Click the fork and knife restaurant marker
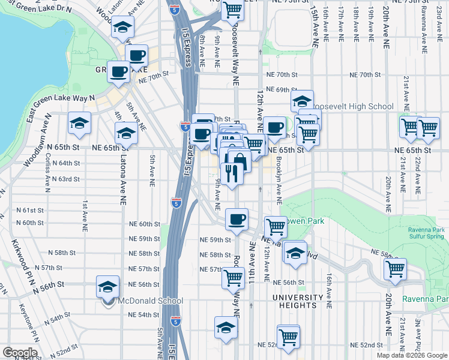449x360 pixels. click(x=231, y=173)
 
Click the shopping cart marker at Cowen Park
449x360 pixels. click(x=276, y=227)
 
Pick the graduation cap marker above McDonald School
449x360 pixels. click(x=107, y=287)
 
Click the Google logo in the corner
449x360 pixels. click(x=20, y=352)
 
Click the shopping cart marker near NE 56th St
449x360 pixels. click(x=233, y=278)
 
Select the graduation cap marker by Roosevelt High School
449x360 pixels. click(x=303, y=100)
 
